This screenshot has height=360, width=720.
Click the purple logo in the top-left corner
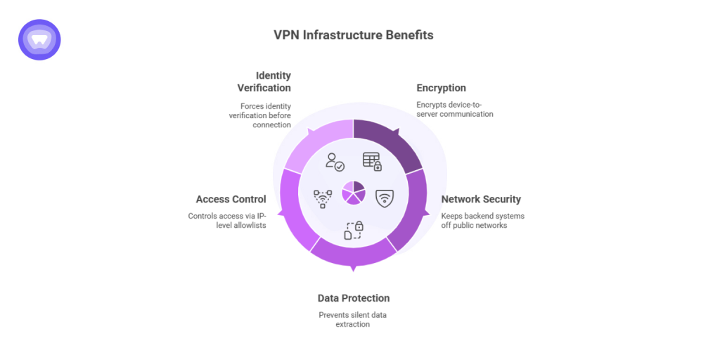coord(39,39)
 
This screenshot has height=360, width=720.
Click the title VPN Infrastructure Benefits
coord(354,35)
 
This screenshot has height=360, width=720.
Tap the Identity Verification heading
coord(264,82)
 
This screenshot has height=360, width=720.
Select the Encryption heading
coord(441,88)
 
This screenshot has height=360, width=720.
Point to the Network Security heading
coord(481,199)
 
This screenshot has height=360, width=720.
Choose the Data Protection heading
coord(353,298)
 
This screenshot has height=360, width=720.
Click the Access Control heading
coord(231,199)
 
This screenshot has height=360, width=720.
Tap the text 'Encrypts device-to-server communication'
coord(454,109)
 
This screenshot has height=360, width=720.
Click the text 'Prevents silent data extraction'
coord(352,319)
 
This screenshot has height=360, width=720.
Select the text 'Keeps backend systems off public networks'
coord(482,220)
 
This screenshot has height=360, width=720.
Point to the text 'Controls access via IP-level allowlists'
coord(226,220)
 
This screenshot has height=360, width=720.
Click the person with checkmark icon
coord(335,162)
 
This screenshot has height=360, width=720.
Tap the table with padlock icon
coord(372,161)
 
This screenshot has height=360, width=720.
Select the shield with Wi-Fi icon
coord(385,198)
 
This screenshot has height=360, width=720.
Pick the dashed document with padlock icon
coord(354,230)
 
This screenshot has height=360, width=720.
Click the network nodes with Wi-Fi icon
coord(323,198)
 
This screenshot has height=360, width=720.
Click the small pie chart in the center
coord(354,193)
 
